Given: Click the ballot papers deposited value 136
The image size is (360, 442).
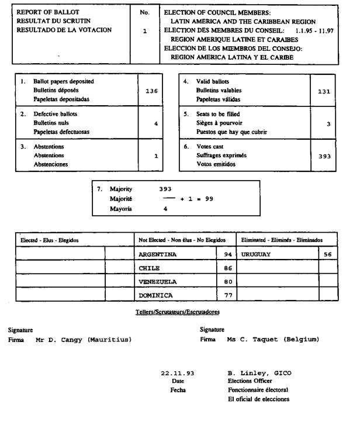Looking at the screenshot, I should (151, 91).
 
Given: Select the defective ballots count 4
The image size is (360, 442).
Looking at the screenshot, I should (155, 123).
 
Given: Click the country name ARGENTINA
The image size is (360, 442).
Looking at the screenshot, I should (157, 254).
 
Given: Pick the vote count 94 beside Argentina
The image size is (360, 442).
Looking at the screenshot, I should (229, 254).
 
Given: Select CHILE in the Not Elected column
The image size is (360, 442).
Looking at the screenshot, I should (149, 268).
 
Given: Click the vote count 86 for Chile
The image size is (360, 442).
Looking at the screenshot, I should (229, 268).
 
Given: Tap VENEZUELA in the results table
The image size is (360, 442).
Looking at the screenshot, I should (157, 281).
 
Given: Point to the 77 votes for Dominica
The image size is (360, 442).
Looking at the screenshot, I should (229, 295).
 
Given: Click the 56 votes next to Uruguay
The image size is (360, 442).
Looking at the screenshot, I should (327, 254).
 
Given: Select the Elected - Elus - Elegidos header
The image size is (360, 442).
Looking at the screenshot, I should (49, 240).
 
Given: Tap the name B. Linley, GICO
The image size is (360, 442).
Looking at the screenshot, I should (259, 373).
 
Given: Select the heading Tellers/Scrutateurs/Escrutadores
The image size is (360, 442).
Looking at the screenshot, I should (178, 312).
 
